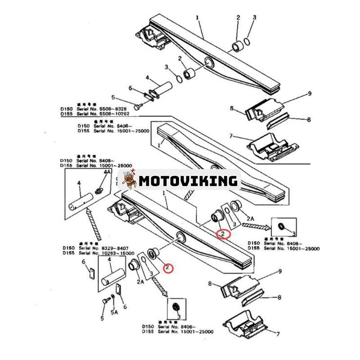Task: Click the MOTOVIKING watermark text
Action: click(188, 181)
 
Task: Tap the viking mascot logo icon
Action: click(129, 180)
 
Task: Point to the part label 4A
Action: click(107, 172)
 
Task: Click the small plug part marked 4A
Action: click(100, 192)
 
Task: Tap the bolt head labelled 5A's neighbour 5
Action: click(105, 300)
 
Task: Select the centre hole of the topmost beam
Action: click(208, 62)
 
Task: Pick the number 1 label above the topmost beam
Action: click(197, 18)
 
